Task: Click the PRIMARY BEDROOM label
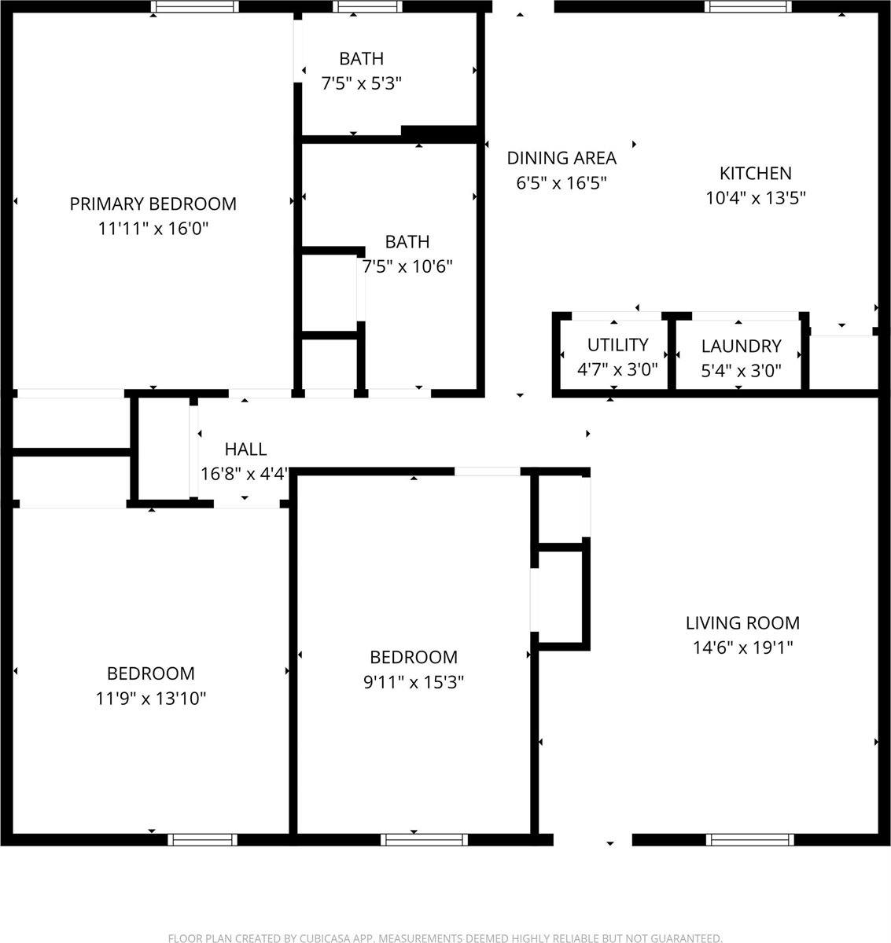click(153, 204)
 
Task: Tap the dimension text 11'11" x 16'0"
click(153, 229)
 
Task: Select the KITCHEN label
click(755, 173)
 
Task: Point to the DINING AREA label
click(561, 158)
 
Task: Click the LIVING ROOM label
click(742, 623)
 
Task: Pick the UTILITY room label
click(617, 345)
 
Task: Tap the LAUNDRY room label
click(741, 346)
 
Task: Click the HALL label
click(245, 449)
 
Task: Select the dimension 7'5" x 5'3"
click(362, 83)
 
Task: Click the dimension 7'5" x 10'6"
click(407, 266)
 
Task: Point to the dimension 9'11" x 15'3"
click(414, 682)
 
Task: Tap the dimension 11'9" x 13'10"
click(151, 698)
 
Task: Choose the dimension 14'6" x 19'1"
click(742, 648)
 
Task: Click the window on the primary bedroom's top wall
click(194, 6)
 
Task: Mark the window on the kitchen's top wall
click(746, 6)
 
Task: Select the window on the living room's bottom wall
click(746, 839)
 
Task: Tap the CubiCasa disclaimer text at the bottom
click(445, 937)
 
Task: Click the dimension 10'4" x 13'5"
click(755, 198)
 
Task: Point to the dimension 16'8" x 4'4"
click(245, 474)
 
